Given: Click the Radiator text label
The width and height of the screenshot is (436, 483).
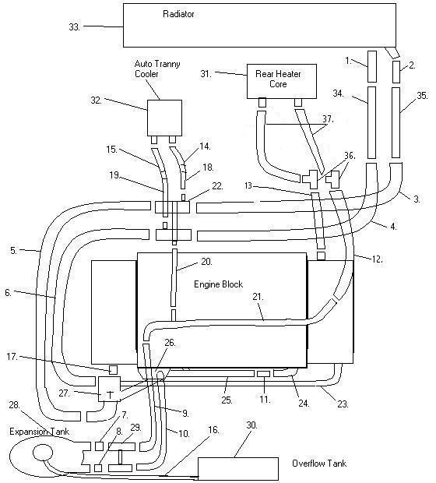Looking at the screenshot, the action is [178, 14].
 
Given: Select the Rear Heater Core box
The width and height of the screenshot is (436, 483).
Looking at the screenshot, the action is [282, 81].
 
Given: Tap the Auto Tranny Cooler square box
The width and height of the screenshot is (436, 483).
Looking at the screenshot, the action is [164, 118].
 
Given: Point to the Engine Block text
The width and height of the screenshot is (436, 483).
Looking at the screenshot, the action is [218, 284].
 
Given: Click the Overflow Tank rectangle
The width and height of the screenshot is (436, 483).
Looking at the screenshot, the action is [238, 468].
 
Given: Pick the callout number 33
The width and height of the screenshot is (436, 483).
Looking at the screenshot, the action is [74, 27].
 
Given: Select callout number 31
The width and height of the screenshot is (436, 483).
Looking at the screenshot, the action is [206, 74].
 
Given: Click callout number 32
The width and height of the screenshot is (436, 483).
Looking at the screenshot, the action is [97, 100].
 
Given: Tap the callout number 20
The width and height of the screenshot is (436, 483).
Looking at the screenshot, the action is [206, 262].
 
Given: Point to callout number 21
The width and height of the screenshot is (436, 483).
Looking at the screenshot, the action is [258, 297].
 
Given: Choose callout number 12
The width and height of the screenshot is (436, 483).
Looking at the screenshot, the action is [377, 259].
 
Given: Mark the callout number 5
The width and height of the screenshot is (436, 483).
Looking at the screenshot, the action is [13, 250].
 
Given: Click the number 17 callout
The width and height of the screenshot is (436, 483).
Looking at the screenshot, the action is [12, 357].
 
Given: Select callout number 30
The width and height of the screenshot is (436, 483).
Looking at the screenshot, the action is [251, 425].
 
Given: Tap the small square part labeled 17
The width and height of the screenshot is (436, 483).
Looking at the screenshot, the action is [114, 369].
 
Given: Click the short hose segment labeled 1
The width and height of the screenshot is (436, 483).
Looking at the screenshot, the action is [372, 66].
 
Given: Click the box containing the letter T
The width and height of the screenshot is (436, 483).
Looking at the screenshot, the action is [109, 389].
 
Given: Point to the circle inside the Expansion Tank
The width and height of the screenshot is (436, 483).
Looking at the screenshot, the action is [43, 452].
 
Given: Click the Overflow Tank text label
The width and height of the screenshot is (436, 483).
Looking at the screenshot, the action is [319, 464].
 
